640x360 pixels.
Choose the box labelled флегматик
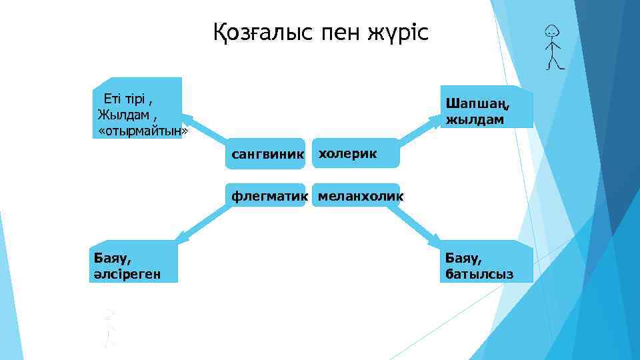click(x=267, y=196)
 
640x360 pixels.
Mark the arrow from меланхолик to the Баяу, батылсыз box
click(x=417, y=223)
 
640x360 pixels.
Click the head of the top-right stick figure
click(x=551, y=31)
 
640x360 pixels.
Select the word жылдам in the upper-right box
click(x=475, y=120)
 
